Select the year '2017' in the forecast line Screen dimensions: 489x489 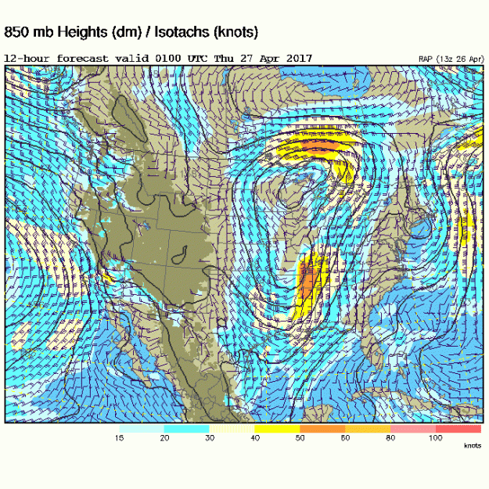coord(298,59)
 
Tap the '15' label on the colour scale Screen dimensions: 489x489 coord(119,438)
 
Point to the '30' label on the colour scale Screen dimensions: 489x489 coord(210,438)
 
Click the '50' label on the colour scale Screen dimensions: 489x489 coord(300,438)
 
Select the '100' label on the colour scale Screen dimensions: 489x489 coord(435,438)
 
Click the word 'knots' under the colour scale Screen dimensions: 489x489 coord(473,445)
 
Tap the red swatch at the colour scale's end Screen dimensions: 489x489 coord(458,429)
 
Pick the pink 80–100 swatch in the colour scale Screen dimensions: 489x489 coord(413,429)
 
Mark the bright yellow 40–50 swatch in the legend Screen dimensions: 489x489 coord(277,429)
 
